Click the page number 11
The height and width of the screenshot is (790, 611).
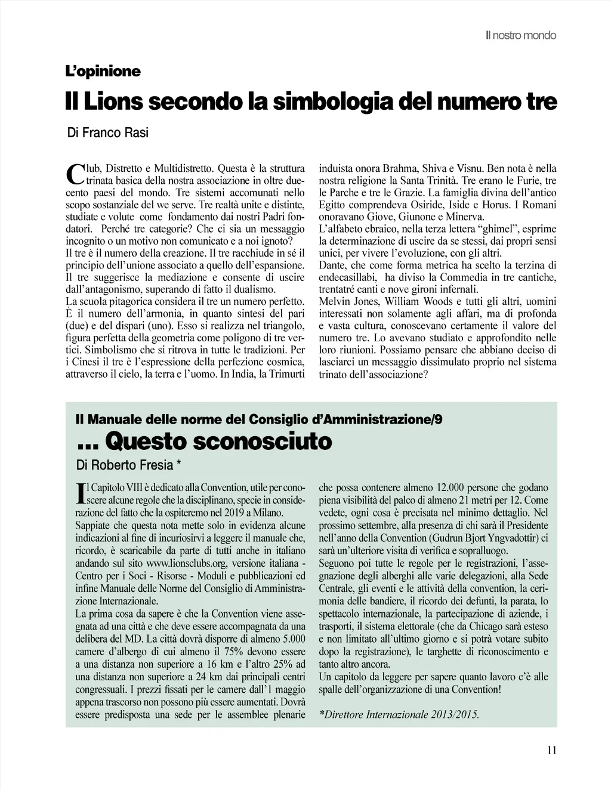pos(551,751)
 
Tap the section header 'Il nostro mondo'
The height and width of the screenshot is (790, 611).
pos(521,36)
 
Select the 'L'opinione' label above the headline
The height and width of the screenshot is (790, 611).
pos(103,72)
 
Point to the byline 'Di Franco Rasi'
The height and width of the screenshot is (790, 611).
pos(108,132)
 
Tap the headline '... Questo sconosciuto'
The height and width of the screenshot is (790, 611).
pos(204,442)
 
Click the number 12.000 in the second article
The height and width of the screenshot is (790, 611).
pos(449,487)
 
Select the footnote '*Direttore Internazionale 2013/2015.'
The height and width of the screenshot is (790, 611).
pos(400,714)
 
